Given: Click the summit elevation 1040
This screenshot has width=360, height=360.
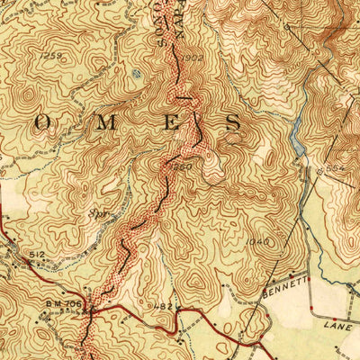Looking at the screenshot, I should pos(256,242).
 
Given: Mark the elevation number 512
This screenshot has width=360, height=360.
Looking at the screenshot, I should pos(36,255).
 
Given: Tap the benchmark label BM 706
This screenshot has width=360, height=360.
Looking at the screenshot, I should pos(64,304).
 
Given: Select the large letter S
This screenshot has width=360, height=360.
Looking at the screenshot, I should pos(232,122).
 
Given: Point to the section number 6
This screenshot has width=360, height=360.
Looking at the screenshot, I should pos(287,28).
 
